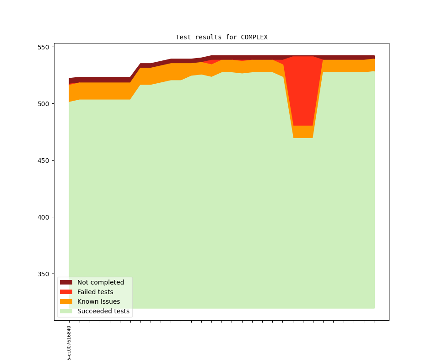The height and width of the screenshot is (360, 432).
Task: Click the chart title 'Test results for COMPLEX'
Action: [x=221, y=37]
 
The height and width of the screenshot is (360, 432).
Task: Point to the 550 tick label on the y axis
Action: [x=44, y=47]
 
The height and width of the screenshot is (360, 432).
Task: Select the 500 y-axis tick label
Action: [x=44, y=104]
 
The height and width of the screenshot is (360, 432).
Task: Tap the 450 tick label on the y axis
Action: [x=44, y=161]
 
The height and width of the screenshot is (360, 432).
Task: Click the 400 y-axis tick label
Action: [x=44, y=217]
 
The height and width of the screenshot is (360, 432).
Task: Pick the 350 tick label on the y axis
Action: [x=44, y=274]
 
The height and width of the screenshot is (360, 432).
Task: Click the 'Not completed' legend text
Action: [x=100, y=282]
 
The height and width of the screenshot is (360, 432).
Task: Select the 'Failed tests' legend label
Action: [x=95, y=292]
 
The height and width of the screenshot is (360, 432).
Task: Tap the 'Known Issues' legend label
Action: [x=98, y=301]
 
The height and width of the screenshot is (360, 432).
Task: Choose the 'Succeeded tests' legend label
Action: [x=103, y=311]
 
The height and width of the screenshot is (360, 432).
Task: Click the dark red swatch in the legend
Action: [x=66, y=282]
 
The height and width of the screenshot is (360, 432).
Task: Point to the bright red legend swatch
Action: [x=66, y=292]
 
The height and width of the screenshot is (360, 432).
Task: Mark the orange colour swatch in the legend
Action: [x=66, y=301]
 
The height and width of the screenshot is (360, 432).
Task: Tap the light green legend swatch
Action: [x=66, y=311]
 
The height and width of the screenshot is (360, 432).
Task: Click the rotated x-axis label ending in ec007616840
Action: [x=69, y=343]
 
